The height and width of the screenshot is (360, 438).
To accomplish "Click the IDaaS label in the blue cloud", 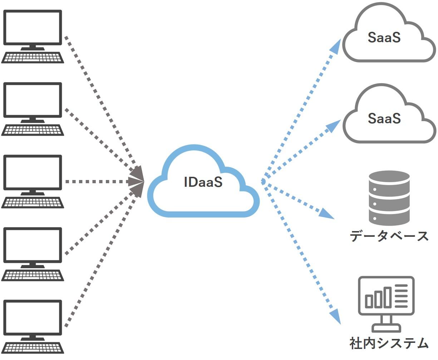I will (x=203, y=182).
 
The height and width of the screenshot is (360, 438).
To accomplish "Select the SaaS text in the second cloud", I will (x=384, y=118).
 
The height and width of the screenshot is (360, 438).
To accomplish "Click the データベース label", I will (x=389, y=236).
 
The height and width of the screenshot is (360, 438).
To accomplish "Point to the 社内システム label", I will (x=389, y=343).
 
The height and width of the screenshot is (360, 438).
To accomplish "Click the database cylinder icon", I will (x=389, y=198).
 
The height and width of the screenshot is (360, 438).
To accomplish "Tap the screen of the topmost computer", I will (x=33, y=27).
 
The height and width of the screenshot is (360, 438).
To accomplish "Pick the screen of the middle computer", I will (x=33, y=172).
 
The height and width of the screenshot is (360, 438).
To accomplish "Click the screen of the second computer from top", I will (x=33, y=100).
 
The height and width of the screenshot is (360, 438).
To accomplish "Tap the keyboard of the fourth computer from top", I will (x=33, y=275).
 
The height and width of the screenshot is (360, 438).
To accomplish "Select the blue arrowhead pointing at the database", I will (x=326, y=214).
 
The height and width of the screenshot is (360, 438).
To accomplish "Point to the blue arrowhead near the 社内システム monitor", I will (x=335, y=316).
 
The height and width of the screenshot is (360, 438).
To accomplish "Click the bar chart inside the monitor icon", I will (x=378, y=298).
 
